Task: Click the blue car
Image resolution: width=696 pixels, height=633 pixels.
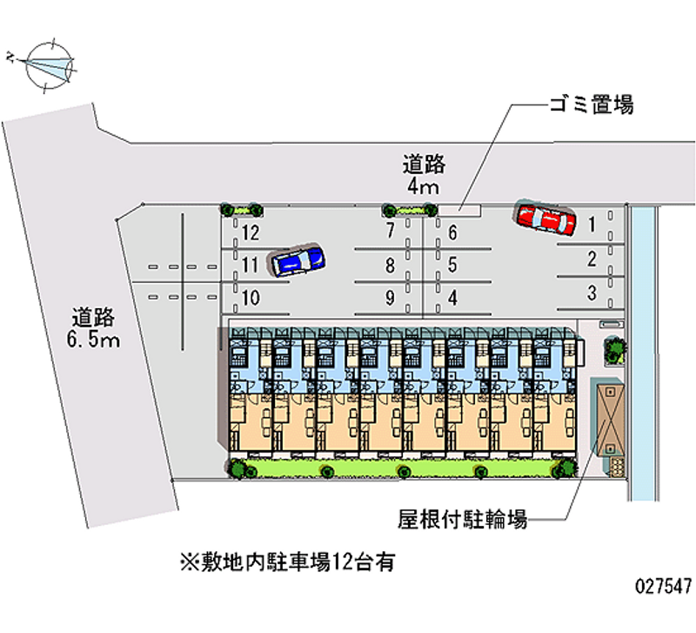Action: [298, 260]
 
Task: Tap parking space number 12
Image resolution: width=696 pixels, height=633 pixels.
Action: [251, 232]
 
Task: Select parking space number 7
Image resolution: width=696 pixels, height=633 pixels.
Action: [390, 230]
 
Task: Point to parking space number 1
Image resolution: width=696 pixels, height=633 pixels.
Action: [592, 225]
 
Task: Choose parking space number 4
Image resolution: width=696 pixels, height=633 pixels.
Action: [452, 298]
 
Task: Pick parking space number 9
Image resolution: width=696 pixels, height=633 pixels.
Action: [390, 298]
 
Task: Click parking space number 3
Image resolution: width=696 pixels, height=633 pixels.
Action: [592, 293]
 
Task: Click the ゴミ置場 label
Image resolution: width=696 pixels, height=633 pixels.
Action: [592, 105]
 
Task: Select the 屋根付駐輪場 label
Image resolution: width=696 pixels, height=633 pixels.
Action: [463, 519]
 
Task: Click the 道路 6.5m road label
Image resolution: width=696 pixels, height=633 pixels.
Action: [93, 328]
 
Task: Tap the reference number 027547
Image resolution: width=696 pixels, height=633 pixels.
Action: [663, 586]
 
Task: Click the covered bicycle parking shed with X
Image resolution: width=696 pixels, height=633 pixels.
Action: [610, 419]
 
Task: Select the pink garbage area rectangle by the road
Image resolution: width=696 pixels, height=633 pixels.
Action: [459, 210]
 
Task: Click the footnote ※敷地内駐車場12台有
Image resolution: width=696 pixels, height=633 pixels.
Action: [287, 562]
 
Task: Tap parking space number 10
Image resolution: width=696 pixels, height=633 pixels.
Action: [251, 298]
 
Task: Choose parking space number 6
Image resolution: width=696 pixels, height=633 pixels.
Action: [452, 232]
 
